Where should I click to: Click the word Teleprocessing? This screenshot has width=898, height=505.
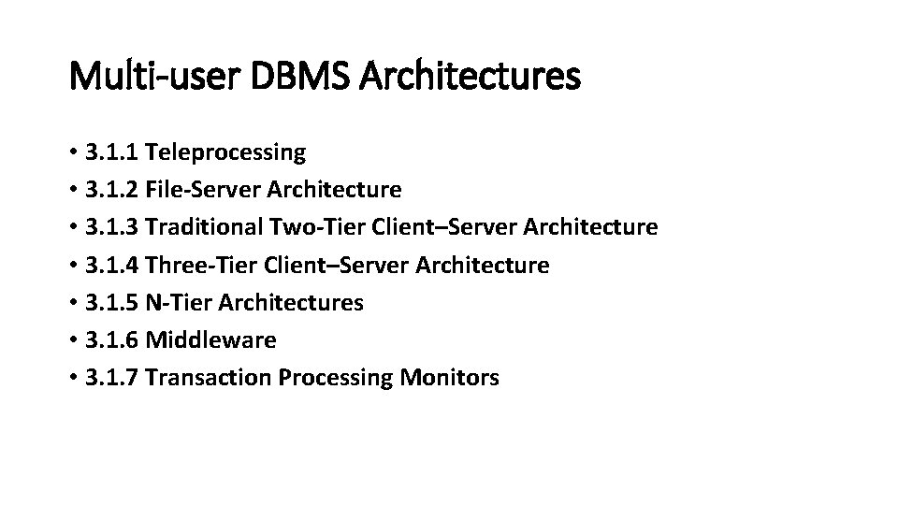(x=225, y=151)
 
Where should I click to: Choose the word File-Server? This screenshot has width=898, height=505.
(x=203, y=190)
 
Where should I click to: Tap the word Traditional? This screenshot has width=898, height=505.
(x=204, y=227)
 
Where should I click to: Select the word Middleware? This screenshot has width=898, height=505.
(x=211, y=340)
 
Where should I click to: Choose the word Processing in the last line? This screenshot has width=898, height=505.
(x=332, y=378)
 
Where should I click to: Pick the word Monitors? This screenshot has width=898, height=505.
(x=449, y=378)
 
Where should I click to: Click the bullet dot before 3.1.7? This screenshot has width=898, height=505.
(x=73, y=379)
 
